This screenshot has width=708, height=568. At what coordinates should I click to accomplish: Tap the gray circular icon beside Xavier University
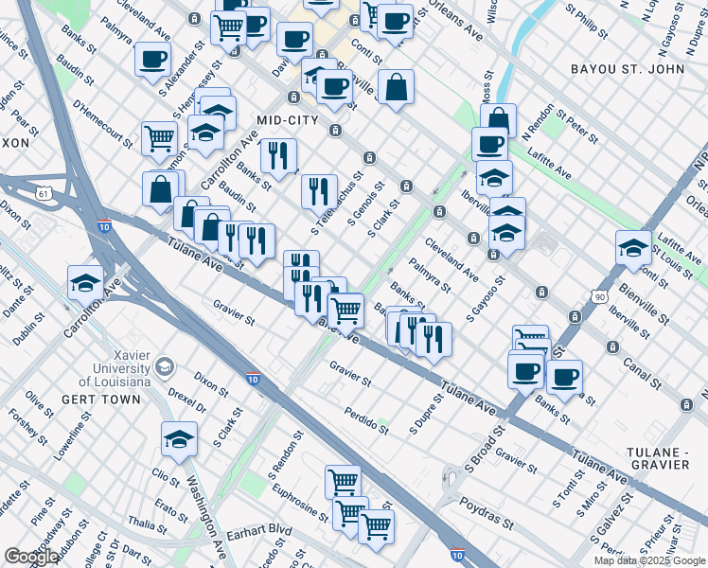pyautogui.click(x=165, y=365)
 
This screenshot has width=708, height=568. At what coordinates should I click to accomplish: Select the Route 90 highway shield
pyautogui.click(x=598, y=297)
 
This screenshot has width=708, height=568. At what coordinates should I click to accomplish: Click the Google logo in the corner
pyautogui.click(x=30, y=557)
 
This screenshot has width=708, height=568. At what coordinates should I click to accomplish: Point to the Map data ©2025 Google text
pyautogui.click(x=650, y=560)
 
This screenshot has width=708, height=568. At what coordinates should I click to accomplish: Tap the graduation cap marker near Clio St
pyautogui.click(x=179, y=437)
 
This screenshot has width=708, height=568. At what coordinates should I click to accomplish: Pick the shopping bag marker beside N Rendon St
pyautogui.click(x=498, y=119)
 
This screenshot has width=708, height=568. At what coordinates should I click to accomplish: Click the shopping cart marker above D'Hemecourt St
pyautogui.click(x=160, y=138)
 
